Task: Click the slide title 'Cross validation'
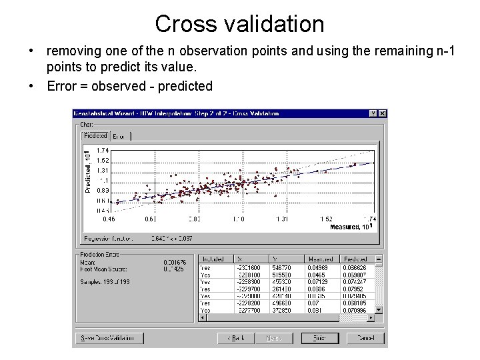pos(239,24)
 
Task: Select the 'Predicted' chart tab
pos(95,136)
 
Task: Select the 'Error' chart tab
pos(119,136)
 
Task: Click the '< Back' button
pos(236,338)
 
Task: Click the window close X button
pos(382,114)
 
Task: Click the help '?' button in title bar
pos(373,114)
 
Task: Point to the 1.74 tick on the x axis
pos(369,219)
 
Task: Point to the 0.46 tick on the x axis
pos(108,219)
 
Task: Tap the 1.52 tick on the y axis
pos(103,161)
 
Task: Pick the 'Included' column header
pos(213,259)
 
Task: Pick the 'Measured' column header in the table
pos(320,259)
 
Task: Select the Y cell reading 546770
pos(281,267)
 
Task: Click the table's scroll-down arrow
pos(379,309)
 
